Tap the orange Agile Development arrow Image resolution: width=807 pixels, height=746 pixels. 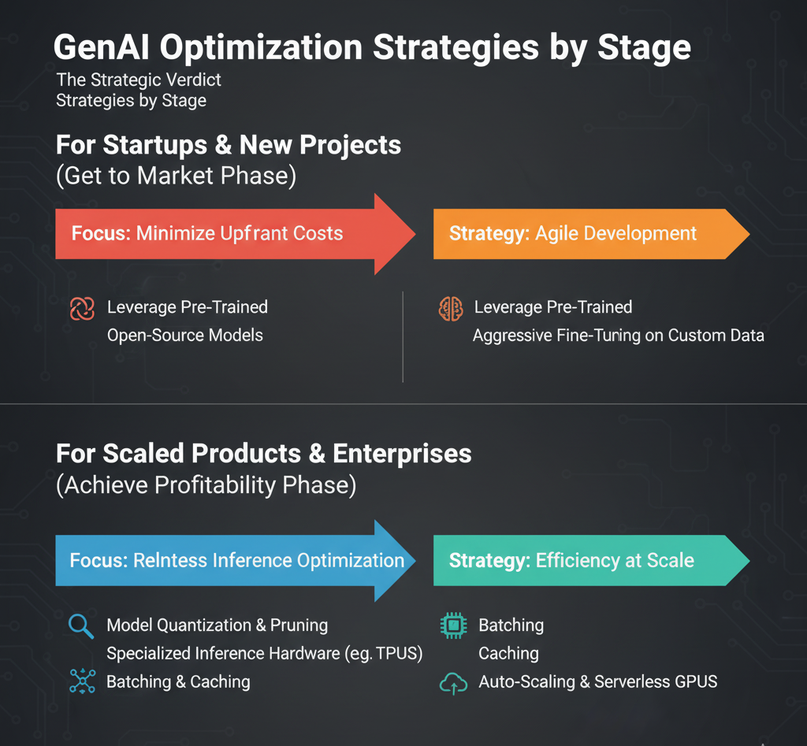(583, 234)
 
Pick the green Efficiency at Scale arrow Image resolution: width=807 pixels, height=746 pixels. (583, 561)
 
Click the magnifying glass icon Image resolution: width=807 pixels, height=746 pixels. (81, 626)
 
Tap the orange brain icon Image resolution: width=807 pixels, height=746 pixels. (451, 308)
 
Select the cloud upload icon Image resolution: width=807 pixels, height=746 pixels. (452, 683)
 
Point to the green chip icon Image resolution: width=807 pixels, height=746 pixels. (452, 626)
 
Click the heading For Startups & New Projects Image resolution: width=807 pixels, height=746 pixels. (229, 146)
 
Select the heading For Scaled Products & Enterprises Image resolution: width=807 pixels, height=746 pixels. (264, 454)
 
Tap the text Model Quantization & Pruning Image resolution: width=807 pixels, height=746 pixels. (217, 625)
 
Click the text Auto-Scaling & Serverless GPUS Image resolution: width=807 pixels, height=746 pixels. (597, 682)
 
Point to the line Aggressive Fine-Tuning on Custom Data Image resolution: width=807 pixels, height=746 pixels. (618, 336)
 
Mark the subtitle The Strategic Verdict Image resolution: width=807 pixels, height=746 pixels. (139, 80)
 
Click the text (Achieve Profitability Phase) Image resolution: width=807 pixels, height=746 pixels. (206, 485)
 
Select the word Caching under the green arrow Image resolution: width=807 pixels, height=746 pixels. (508, 654)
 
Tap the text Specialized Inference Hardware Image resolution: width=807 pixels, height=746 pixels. (229, 654)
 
